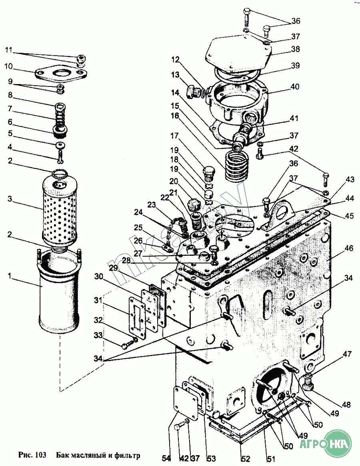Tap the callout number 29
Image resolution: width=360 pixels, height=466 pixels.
point(113,267)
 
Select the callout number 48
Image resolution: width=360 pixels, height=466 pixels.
point(346,405)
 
